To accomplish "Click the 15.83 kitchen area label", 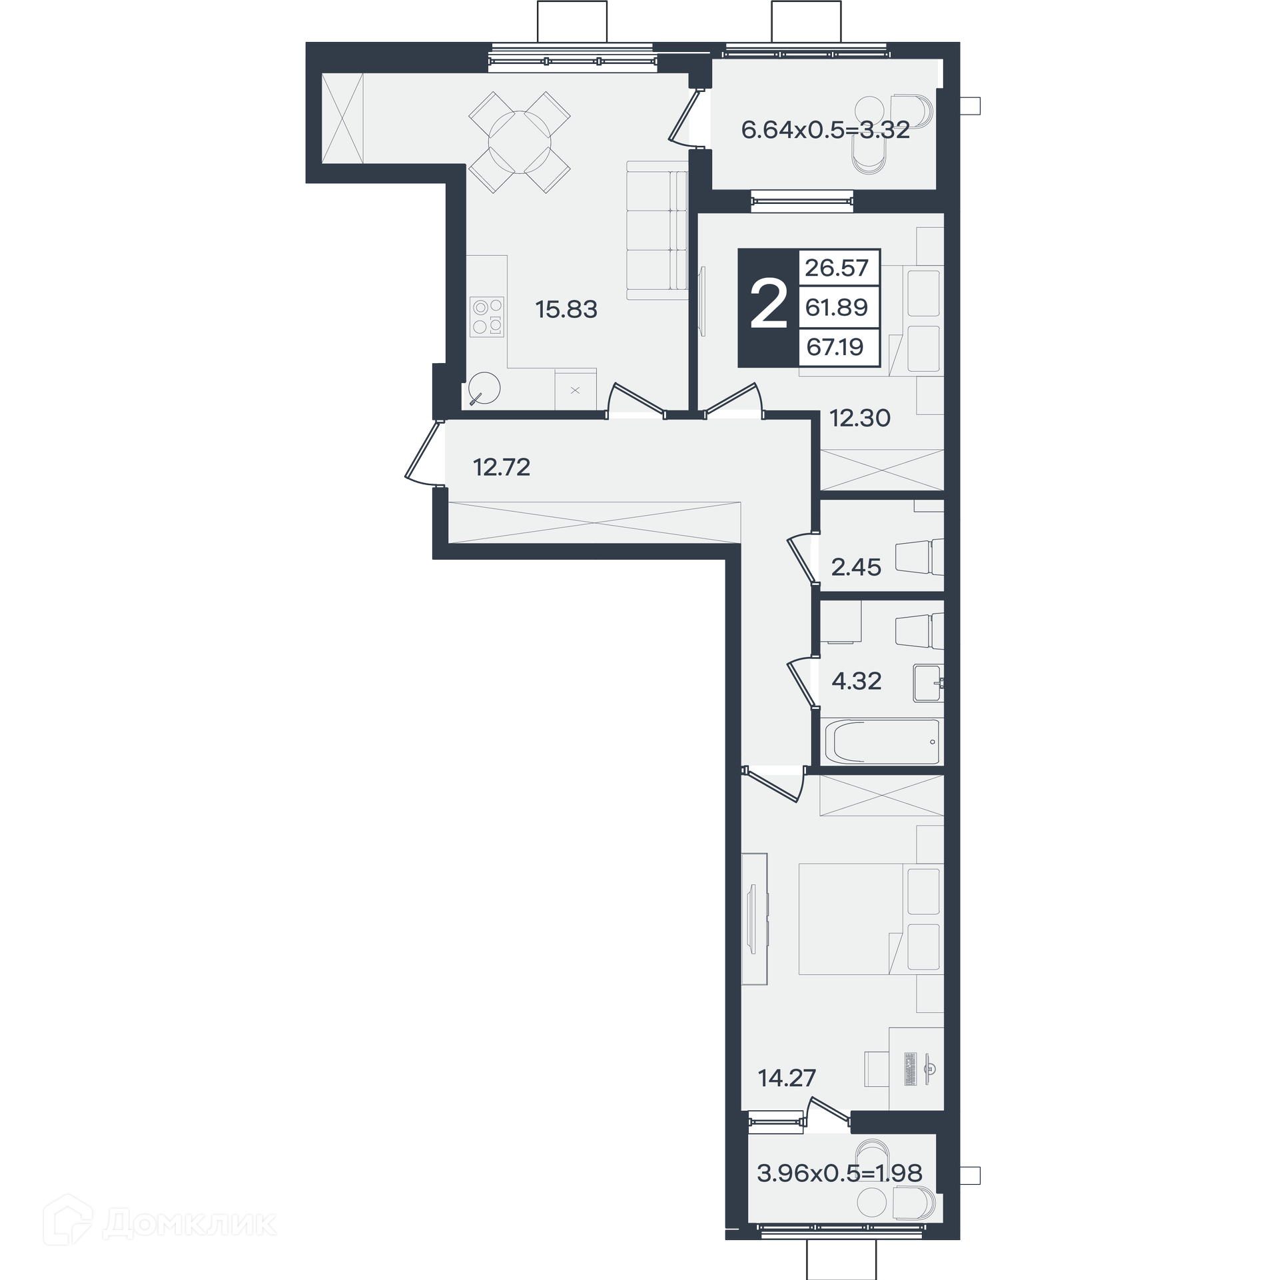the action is pyautogui.click(x=566, y=309).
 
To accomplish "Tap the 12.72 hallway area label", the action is pyautogui.click(x=502, y=467).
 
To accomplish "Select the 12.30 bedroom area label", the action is pyautogui.click(x=859, y=418).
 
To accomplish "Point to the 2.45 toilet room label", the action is pyautogui.click(x=856, y=567).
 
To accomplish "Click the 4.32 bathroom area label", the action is pyautogui.click(x=857, y=680).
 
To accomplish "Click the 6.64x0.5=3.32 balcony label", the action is pyautogui.click(x=825, y=130).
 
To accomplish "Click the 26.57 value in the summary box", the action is pyautogui.click(x=837, y=268).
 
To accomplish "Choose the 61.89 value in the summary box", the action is pyautogui.click(x=837, y=307).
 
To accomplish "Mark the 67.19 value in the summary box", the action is pyautogui.click(x=835, y=346).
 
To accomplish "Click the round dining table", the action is pyautogui.click(x=520, y=142).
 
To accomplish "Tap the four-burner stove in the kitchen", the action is pyautogui.click(x=487, y=317).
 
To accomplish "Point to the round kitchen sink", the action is pyautogui.click(x=484, y=388).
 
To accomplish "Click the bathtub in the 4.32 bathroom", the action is pyautogui.click(x=882, y=742).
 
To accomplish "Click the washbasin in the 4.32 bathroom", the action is pyautogui.click(x=929, y=682).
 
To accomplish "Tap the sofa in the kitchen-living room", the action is pyautogui.click(x=657, y=231).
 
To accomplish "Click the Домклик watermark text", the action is pyautogui.click(x=191, y=1224).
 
